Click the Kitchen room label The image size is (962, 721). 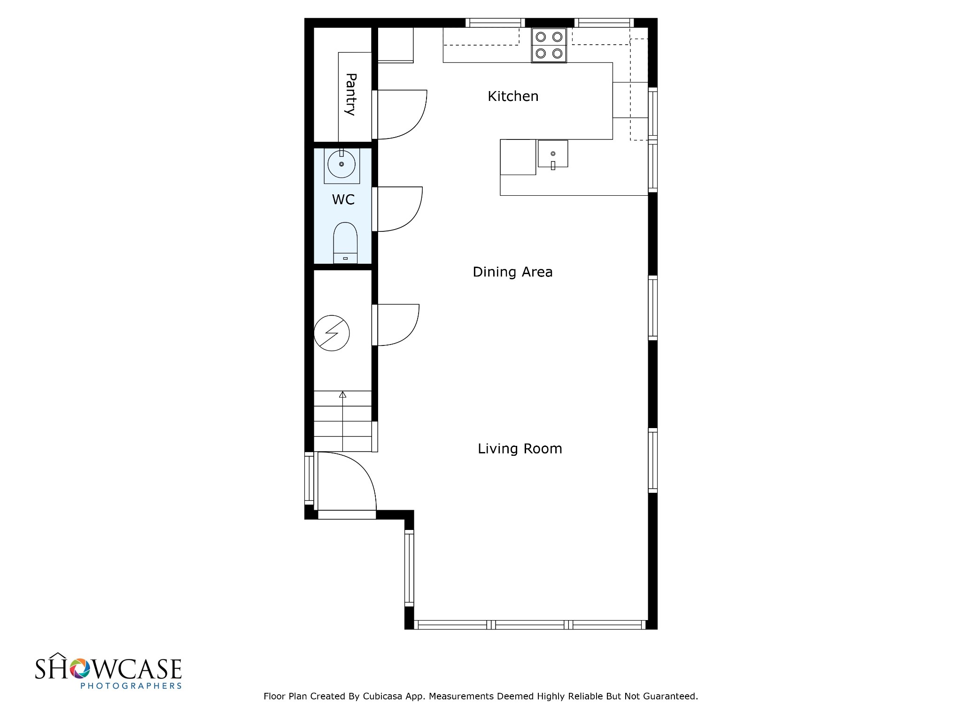(x=513, y=96)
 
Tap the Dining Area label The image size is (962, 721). (x=512, y=272)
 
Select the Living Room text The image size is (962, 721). (x=520, y=449)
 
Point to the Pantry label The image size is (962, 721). (x=350, y=94)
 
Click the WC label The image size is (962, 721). (x=343, y=200)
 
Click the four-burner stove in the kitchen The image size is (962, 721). (x=549, y=45)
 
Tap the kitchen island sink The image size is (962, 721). (x=553, y=154)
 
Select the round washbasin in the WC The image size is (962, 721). (x=341, y=164)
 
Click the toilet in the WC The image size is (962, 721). (x=345, y=243)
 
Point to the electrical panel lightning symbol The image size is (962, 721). (x=332, y=333)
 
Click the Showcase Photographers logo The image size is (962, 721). (x=109, y=671)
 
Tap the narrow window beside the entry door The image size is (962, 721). (x=309, y=478)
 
